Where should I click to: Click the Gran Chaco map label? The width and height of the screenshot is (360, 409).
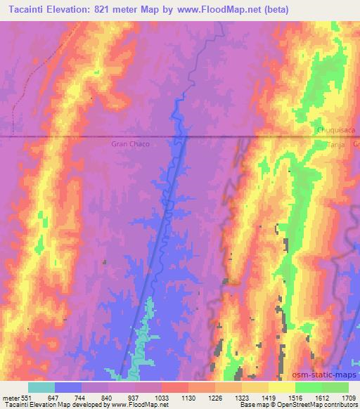(130, 143)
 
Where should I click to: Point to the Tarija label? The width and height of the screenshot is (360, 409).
(337, 144)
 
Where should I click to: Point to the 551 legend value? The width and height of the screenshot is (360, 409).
(25, 397)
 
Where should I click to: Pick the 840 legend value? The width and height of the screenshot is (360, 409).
(107, 397)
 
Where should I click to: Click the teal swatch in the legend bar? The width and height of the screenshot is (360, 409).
(41, 387)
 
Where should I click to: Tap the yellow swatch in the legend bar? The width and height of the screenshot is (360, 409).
(281, 387)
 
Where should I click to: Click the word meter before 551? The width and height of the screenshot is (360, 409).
(9, 397)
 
